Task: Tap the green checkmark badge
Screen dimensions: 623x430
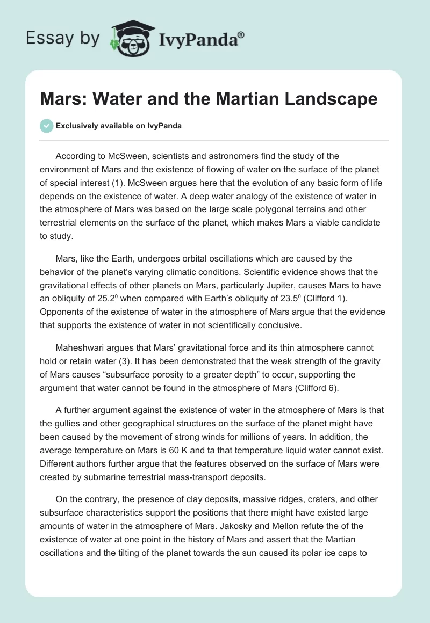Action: [x=46, y=126]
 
